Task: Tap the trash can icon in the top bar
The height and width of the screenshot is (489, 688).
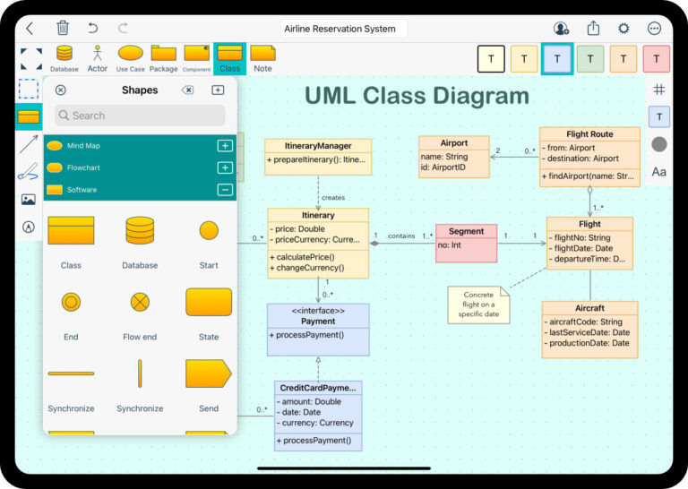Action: [x=63, y=29]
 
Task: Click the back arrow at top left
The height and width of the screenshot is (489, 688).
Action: [x=30, y=29]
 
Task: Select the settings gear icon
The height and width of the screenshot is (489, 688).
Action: [x=623, y=29]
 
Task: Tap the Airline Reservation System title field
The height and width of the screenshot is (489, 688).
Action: [x=343, y=29]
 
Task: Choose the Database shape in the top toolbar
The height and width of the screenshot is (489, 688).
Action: [x=64, y=56]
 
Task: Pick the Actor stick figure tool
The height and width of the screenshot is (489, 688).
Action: [x=97, y=56]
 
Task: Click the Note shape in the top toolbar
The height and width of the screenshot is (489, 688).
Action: [x=262, y=57]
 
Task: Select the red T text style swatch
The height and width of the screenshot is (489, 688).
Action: [x=656, y=59]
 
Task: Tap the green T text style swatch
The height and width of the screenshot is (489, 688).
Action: [x=589, y=59]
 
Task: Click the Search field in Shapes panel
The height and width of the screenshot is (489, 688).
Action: [x=140, y=116]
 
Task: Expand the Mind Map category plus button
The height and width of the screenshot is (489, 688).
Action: [x=225, y=146]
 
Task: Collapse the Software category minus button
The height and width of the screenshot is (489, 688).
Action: [x=225, y=189]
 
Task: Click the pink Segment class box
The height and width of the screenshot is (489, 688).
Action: [x=466, y=243]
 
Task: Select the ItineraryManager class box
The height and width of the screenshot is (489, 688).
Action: [x=317, y=156]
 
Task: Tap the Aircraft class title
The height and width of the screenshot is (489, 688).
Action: [x=589, y=308]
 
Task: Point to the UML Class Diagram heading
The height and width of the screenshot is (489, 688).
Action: [x=417, y=96]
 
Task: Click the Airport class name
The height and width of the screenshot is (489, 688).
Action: [x=454, y=143]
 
